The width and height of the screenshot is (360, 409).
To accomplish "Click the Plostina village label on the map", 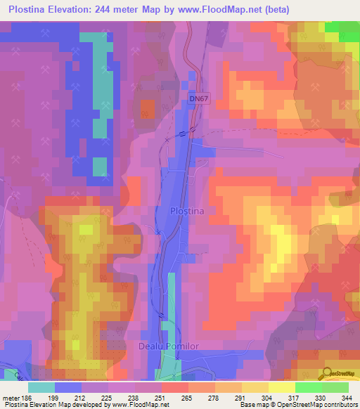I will click(187, 211).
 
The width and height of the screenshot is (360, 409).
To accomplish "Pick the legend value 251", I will click(162, 398).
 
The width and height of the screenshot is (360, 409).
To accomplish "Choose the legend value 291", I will click(242, 398).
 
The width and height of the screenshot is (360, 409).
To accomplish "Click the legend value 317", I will click(295, 398).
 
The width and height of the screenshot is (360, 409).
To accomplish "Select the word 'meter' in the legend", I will click(11, 398).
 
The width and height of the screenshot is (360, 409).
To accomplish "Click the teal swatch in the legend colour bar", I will click(41, 387).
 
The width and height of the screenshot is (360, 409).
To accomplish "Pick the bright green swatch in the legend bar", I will click(308, 387).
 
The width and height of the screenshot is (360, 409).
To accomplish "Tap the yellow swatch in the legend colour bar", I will click(255, 387).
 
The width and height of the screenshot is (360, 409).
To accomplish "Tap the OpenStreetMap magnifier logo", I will click(328, 374).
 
